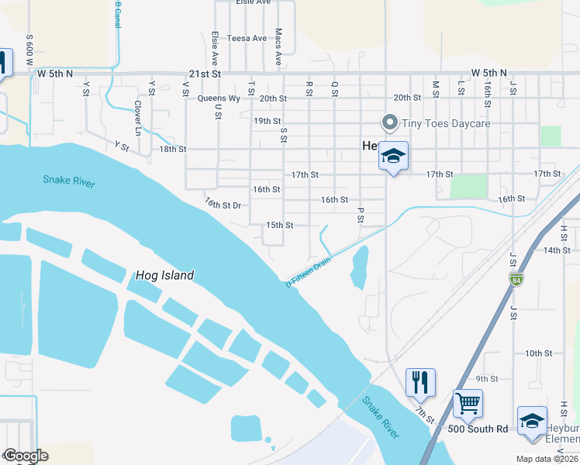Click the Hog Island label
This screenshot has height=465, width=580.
tap(164, 275)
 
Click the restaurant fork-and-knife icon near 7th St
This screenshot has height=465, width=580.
tap(420, 381)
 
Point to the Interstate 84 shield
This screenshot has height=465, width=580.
tap(516, 278)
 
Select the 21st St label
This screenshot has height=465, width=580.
tap(205, 74)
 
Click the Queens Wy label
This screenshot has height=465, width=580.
tap(219, 98)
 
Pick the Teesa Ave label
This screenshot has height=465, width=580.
tap(248, 38)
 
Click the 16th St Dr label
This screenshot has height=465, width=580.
tap(224, 204)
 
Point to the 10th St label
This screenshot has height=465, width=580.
tap(537, 353)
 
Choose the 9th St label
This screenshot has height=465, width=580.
tap(487, 378)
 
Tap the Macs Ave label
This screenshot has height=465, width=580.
tap(278, 49)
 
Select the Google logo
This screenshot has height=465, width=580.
tap(26, 456)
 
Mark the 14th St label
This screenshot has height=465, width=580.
tap(557, 250)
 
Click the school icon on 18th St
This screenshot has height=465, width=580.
tap(393, 157)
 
